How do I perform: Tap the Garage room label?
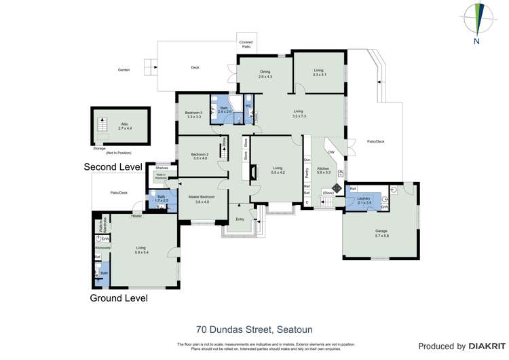(x=381, y=233)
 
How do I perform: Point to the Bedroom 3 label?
(x=194, y=114)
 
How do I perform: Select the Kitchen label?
(x=323, y=170)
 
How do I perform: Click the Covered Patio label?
(x=246, y=44)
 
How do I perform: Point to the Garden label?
(x=124, y=69)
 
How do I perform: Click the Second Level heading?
(x=113, y=166)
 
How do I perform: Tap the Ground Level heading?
(x=119, y=298)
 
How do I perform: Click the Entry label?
(x=240, y=218)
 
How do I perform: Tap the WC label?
(x=248, y=107)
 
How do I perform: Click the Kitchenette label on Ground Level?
(x=98, y=249)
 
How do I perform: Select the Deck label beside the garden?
(x=195, y=67)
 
